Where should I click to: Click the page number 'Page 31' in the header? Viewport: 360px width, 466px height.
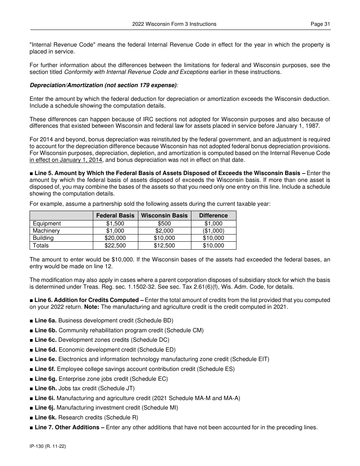point(320,24)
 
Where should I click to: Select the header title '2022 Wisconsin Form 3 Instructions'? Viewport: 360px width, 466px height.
point(174,24)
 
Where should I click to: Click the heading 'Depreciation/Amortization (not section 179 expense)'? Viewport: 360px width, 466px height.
point(103,85)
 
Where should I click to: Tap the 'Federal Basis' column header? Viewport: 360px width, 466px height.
point(115,215)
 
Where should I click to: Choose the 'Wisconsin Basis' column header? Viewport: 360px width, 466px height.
point(164,215)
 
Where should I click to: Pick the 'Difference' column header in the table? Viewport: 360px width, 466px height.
point(213,215)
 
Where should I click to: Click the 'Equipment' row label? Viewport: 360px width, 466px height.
point(47,224)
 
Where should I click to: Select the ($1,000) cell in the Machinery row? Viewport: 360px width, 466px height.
point(213,231)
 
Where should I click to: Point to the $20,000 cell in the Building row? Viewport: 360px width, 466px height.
point(115,238)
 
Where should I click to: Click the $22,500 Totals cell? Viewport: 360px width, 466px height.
point(115,246)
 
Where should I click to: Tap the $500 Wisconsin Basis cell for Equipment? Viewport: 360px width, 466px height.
point(164,224)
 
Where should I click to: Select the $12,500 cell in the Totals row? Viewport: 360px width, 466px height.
point(164,246)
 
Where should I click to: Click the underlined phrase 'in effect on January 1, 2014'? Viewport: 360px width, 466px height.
point(66,160)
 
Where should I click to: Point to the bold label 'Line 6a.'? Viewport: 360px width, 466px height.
point(45,321)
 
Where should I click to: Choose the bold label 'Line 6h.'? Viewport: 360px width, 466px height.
point(45,388)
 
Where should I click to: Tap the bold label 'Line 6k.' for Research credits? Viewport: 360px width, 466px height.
point(45,418)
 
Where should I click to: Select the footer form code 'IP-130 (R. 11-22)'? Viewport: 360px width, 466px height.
point(48,447)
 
